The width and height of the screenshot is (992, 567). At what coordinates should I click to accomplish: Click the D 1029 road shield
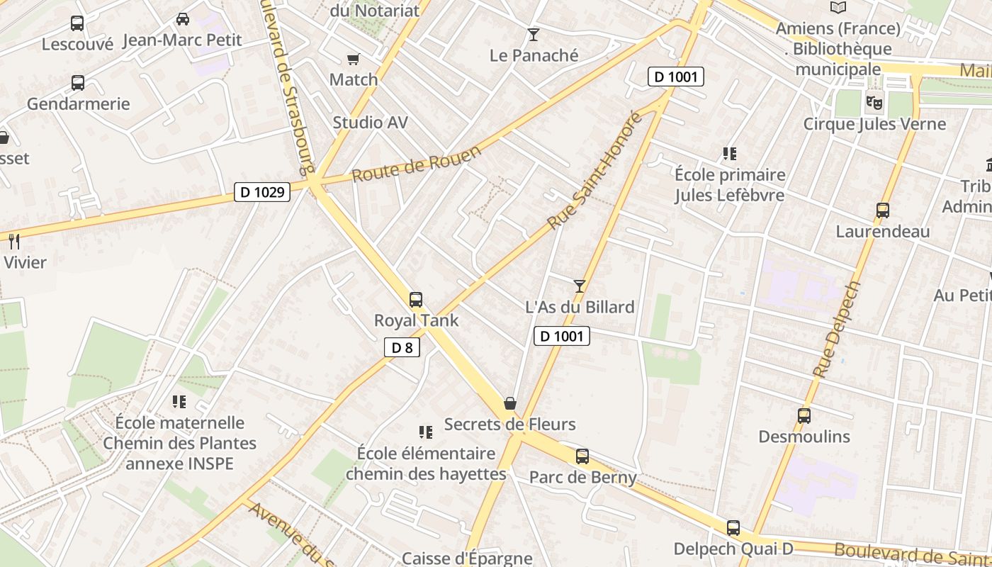tap(262, 191)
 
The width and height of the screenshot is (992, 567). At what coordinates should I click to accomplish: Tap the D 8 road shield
tap(402, 347)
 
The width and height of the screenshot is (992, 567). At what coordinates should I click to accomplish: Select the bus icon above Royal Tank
tap(416, 300)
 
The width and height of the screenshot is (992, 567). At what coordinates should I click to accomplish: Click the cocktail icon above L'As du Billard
tap(580, 286)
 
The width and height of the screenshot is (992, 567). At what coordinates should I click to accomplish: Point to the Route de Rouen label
tap(417, 164)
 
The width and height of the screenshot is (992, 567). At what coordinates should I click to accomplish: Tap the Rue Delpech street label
tap(836, 330)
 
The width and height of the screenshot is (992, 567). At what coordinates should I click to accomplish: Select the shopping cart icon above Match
tap(353, 60)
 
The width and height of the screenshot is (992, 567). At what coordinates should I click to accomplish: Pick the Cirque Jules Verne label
tap(874, 124)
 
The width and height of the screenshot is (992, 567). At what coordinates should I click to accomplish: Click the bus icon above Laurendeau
tap(882, 210)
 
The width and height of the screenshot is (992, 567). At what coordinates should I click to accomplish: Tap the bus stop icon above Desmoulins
tap(804, 416)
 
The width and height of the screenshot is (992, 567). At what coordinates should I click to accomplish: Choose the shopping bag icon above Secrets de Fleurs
tap(509, 404)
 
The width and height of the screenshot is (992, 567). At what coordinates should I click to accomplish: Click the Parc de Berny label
tap(583, 477)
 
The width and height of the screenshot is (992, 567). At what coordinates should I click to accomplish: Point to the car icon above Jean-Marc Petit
tap(182, 19)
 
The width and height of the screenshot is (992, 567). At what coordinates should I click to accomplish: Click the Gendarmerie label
tap(79, 104)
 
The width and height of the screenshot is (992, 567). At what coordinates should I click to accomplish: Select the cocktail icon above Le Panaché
tap(534, 35)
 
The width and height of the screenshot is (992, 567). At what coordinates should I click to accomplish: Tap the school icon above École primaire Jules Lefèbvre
tap(730, 154)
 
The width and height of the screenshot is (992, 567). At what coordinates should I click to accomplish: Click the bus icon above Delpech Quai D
tap(733, 528)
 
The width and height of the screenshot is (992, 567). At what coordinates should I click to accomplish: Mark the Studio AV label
tap(371, 123)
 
